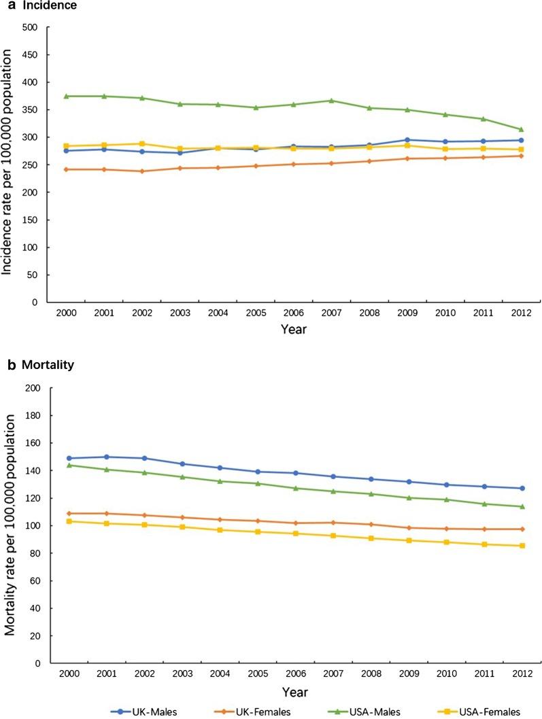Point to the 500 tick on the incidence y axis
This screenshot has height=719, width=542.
coord(30,27)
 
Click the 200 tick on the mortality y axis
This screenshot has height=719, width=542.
coord(30,388)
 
